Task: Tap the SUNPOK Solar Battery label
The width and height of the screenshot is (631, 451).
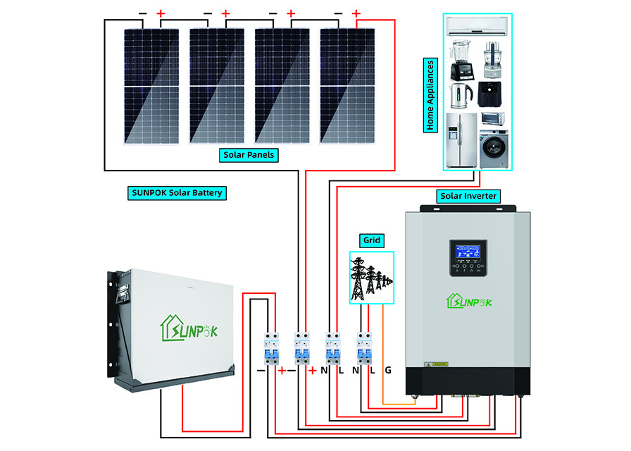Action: pos(177,192)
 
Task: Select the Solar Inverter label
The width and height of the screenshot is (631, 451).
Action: pos(468,195)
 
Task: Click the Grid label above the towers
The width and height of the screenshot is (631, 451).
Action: pos(372,240)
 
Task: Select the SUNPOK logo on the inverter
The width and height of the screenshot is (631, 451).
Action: pos(468,302)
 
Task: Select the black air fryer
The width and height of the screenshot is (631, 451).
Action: pos(491,93)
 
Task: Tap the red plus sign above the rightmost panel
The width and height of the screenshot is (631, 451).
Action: pos(356,13)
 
